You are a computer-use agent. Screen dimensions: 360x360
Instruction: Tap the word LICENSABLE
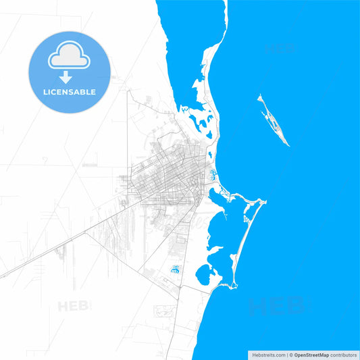(69, 92)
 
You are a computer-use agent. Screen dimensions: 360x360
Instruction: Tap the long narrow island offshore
(274, 120)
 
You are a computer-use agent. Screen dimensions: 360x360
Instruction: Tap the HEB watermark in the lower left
(74, 307)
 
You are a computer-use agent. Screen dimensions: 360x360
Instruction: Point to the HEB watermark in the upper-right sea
(279, 49)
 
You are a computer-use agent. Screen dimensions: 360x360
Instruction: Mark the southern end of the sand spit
(234, 286)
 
